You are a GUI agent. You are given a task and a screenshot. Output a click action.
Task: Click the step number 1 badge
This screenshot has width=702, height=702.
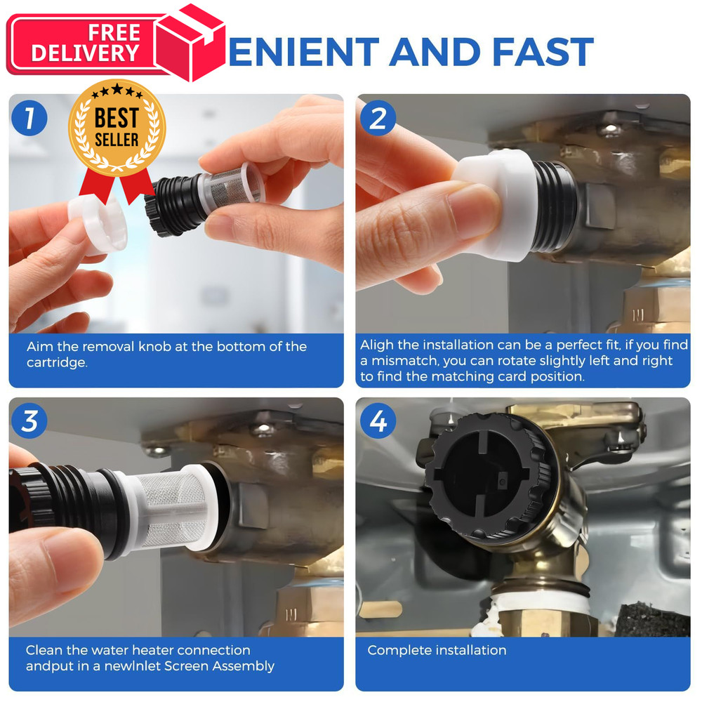pos(29,118)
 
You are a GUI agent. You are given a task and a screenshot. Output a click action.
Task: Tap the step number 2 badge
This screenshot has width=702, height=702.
pos(378,118)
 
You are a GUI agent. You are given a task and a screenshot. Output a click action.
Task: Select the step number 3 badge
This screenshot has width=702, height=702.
pos(29,420)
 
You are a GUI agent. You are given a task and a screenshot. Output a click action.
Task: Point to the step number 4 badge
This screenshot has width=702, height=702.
pos(378,420)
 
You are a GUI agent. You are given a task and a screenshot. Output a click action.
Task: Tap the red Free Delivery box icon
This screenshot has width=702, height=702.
pos(190,43)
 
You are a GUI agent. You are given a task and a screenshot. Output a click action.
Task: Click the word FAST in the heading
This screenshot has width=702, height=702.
pos(543,52)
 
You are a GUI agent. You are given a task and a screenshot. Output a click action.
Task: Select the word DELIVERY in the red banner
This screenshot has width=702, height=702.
pos(85,53)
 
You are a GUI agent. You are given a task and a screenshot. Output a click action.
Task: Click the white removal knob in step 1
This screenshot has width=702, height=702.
pos(98,225)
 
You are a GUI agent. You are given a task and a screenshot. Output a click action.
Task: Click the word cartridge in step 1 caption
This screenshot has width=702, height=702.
pos(56,363)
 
